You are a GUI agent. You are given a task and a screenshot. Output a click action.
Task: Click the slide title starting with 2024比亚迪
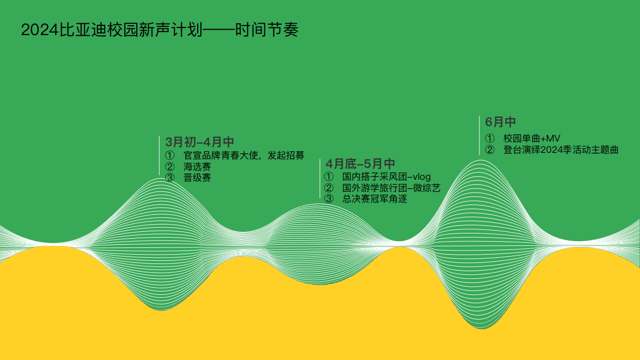pyautogui.click(x=159, y=30)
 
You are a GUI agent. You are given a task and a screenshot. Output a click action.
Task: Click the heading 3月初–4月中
pyautogui.click(x=200, y=142)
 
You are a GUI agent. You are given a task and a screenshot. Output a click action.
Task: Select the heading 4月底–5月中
pyautogui.click(x=360, y=164)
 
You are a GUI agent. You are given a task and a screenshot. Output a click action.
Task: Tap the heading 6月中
pyautogui.click(x=501, y=122)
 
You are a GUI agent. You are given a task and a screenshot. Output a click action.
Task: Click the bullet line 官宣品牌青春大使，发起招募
pyautogui.click(x=244, y=155)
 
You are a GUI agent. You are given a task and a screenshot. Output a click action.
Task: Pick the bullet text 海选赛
pyautogui.click(x=197, y=167)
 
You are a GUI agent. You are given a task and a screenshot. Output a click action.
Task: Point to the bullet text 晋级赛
pyautogui.click(x=197, y=178)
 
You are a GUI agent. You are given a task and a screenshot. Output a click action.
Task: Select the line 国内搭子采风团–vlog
pyautogui.click(x=386, y=177)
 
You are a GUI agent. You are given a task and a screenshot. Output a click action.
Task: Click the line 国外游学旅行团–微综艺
pyautogui.click(x=391, y=188)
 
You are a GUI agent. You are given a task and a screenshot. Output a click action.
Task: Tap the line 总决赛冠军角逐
pyautogui.click(x=374, y=199)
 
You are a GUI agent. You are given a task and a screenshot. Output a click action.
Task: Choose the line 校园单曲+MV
pyautogui.click(x=532, y=138)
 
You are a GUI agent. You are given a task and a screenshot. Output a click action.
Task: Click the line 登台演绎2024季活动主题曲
pyautogui.click(x=561, y=150)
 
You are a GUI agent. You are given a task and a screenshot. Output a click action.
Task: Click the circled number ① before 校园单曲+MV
pyautogui.click(x=490, y=138)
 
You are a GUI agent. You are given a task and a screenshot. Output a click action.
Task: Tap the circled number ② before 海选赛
pyautogui.click(x=170, y=167)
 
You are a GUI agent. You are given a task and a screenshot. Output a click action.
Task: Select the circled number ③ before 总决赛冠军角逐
pyautogui.click(x=329, y=199)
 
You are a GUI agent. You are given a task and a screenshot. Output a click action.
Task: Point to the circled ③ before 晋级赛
pyautogui.click(x=170, y=178)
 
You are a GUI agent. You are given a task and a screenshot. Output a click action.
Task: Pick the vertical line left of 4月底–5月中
pyautogui.click(x=320, y=179)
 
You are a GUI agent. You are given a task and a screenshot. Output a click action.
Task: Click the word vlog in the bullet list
pyautogui.click(x=421, y=177)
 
